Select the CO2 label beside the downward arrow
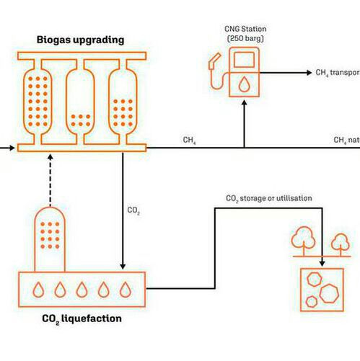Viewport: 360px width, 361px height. coord(133,210)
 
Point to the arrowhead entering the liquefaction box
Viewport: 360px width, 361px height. coord(123,265)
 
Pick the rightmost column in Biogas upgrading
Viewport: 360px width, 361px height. coord(122,100)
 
